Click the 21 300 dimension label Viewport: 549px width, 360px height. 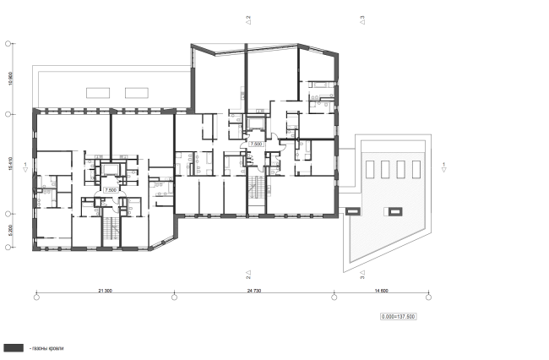pos(106,290)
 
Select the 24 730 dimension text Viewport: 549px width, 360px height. pos(253,290)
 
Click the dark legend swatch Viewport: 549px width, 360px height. pos(14,347)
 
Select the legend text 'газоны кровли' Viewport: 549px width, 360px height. pos(46,347)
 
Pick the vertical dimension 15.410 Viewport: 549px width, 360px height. pos(9,162)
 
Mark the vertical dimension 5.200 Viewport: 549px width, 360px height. pos(9,230)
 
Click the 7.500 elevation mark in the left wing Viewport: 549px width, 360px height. pos(110,190)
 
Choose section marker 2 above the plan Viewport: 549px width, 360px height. pos(248,18)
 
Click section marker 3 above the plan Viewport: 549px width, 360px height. pos(361,18)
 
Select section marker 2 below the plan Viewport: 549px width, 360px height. pos(248,275)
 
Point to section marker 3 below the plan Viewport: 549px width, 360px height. pos(361,275)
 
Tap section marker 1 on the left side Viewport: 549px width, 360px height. pos(26,166)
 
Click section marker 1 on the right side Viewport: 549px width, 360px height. pos(443,166)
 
